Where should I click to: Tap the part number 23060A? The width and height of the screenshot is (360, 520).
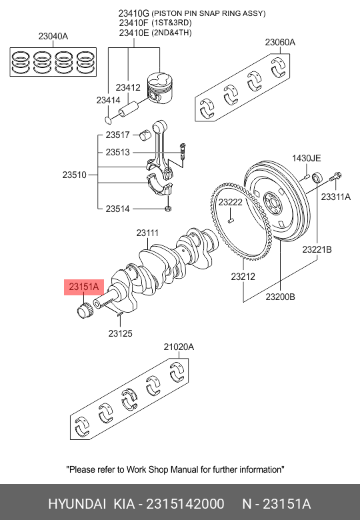280,42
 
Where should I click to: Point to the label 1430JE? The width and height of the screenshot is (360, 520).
306,158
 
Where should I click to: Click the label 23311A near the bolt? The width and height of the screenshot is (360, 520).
335,197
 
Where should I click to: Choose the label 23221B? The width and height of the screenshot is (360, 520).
317,249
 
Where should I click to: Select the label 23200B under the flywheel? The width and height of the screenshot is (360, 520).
280,297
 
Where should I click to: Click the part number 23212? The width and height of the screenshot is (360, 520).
244,275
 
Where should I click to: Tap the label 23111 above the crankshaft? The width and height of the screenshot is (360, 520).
147,233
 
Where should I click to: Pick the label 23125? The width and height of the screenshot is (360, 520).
121,333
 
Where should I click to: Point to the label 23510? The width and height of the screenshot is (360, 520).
75,175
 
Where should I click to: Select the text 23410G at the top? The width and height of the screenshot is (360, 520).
133,13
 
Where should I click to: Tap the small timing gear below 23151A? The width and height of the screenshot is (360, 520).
84,310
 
